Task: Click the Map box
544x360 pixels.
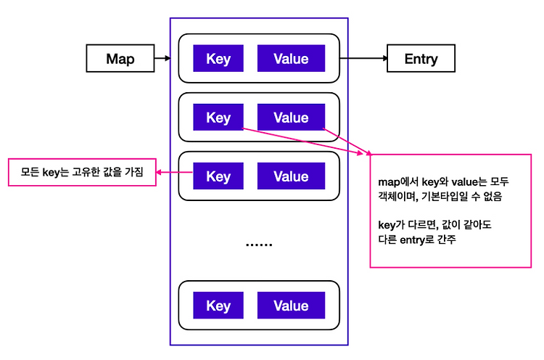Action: [x=120, y=58]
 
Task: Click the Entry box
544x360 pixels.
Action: [x=421, y=58]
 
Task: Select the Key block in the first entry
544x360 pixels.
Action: [x=218, y=58]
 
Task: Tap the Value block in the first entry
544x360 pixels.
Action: [x=291, y=58]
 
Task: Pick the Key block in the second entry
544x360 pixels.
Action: [x=218, y=118]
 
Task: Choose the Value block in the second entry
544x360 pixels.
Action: [x=291, y=118]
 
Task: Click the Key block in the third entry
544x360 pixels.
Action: [x=218, y=176]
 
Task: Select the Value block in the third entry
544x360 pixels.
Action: [x=291, y=176]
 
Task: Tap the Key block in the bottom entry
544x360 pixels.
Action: [x=218, y=306]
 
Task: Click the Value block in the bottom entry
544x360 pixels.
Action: [x=291, y=306]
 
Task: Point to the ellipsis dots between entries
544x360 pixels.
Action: [x=259, y=245]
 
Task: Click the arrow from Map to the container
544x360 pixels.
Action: [x=162, y=58]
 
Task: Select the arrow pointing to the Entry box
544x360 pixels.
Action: [x=363, y=58]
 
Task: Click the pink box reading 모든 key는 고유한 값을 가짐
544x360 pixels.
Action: [x=82, y=172]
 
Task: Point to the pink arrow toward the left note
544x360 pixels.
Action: [x=175, y=172]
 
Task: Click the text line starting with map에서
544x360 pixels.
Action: [x=443, y=181]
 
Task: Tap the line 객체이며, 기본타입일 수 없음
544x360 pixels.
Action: [x=440, y=197]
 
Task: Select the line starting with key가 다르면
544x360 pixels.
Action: [x=434, y=225]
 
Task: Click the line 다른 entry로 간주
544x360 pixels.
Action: [x=416, y=240]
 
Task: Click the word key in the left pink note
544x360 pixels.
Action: [x=51, y=173]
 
